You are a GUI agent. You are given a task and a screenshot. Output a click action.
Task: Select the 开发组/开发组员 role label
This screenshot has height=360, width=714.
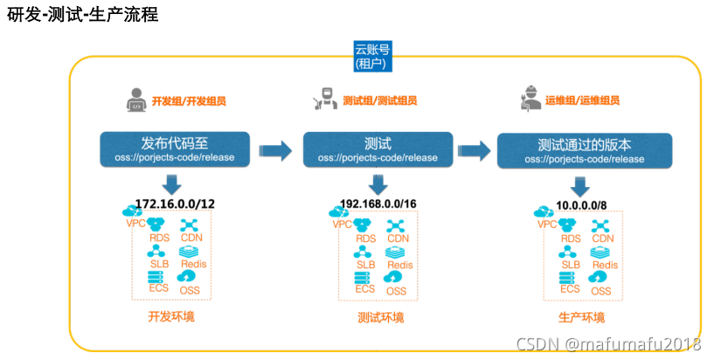(x=194, y=101)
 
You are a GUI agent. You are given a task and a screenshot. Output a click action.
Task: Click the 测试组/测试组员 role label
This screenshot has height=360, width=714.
(x=385, y=101)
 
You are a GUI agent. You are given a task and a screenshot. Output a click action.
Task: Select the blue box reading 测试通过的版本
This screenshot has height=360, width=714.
(x=584, y=150)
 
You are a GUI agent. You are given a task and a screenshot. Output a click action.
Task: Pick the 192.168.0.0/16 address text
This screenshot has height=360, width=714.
(x=378, y=203)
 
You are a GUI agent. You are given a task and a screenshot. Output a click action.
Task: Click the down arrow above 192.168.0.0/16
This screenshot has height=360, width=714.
(x=378, y=183)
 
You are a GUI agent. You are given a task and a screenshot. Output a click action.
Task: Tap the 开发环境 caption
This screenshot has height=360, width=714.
(x=170, y=315)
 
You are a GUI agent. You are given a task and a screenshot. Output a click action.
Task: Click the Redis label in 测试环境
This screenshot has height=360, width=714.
(x=399, y=265)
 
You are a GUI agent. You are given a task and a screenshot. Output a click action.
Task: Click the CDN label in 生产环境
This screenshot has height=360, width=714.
(x=603, y=239)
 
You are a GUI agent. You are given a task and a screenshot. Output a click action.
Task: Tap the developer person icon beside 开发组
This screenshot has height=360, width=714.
(x=135, y=100)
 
